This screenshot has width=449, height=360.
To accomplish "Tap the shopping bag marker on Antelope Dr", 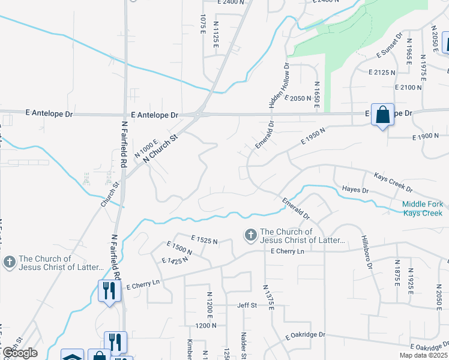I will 382,115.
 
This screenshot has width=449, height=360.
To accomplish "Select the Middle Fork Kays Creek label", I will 423,209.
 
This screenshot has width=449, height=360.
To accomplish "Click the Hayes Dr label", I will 355,190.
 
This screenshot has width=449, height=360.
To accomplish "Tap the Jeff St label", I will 247,305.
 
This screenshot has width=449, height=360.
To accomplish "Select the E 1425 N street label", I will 175,260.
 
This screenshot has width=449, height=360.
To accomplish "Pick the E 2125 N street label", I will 382,72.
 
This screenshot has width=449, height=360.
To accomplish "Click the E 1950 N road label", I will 314,137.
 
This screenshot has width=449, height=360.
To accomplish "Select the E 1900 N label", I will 426,137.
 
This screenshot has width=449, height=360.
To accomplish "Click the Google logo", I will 20,353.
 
